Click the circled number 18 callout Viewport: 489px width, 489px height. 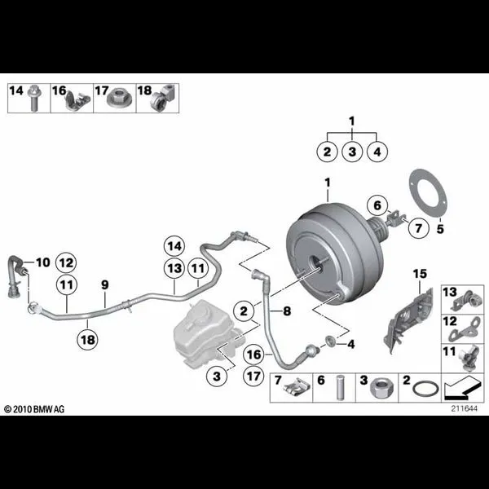tap(88, 339)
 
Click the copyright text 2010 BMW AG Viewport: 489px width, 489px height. tap(34, 409)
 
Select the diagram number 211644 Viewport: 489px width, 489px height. tap(464, 408)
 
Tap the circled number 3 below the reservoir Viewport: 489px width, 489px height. tap(217, 377)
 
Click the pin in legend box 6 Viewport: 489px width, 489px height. tap(340, 388)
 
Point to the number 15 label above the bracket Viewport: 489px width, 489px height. tap(420, 274)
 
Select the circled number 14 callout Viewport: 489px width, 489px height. tap(174, 246)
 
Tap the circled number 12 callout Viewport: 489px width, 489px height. tap(66, 262)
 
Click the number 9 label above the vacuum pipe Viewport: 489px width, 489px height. tap(105, 284)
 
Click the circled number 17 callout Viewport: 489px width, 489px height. tap(253, 376)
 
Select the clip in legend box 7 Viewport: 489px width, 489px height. tap(297, 388)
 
